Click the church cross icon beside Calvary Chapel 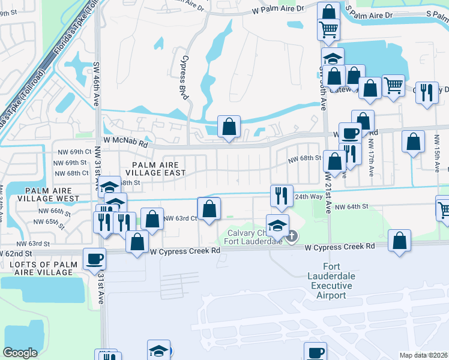click(x=292, y=236)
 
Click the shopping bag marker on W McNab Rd click(x=229, y=127)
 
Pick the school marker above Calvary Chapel click(x=277, y=226)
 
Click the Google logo click(x=20, y=353)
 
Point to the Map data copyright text click(x=424, y=355)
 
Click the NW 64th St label click(x=351, y=207)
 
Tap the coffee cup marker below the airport click(x=315, y=353)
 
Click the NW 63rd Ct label click(x=180, y=218)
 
